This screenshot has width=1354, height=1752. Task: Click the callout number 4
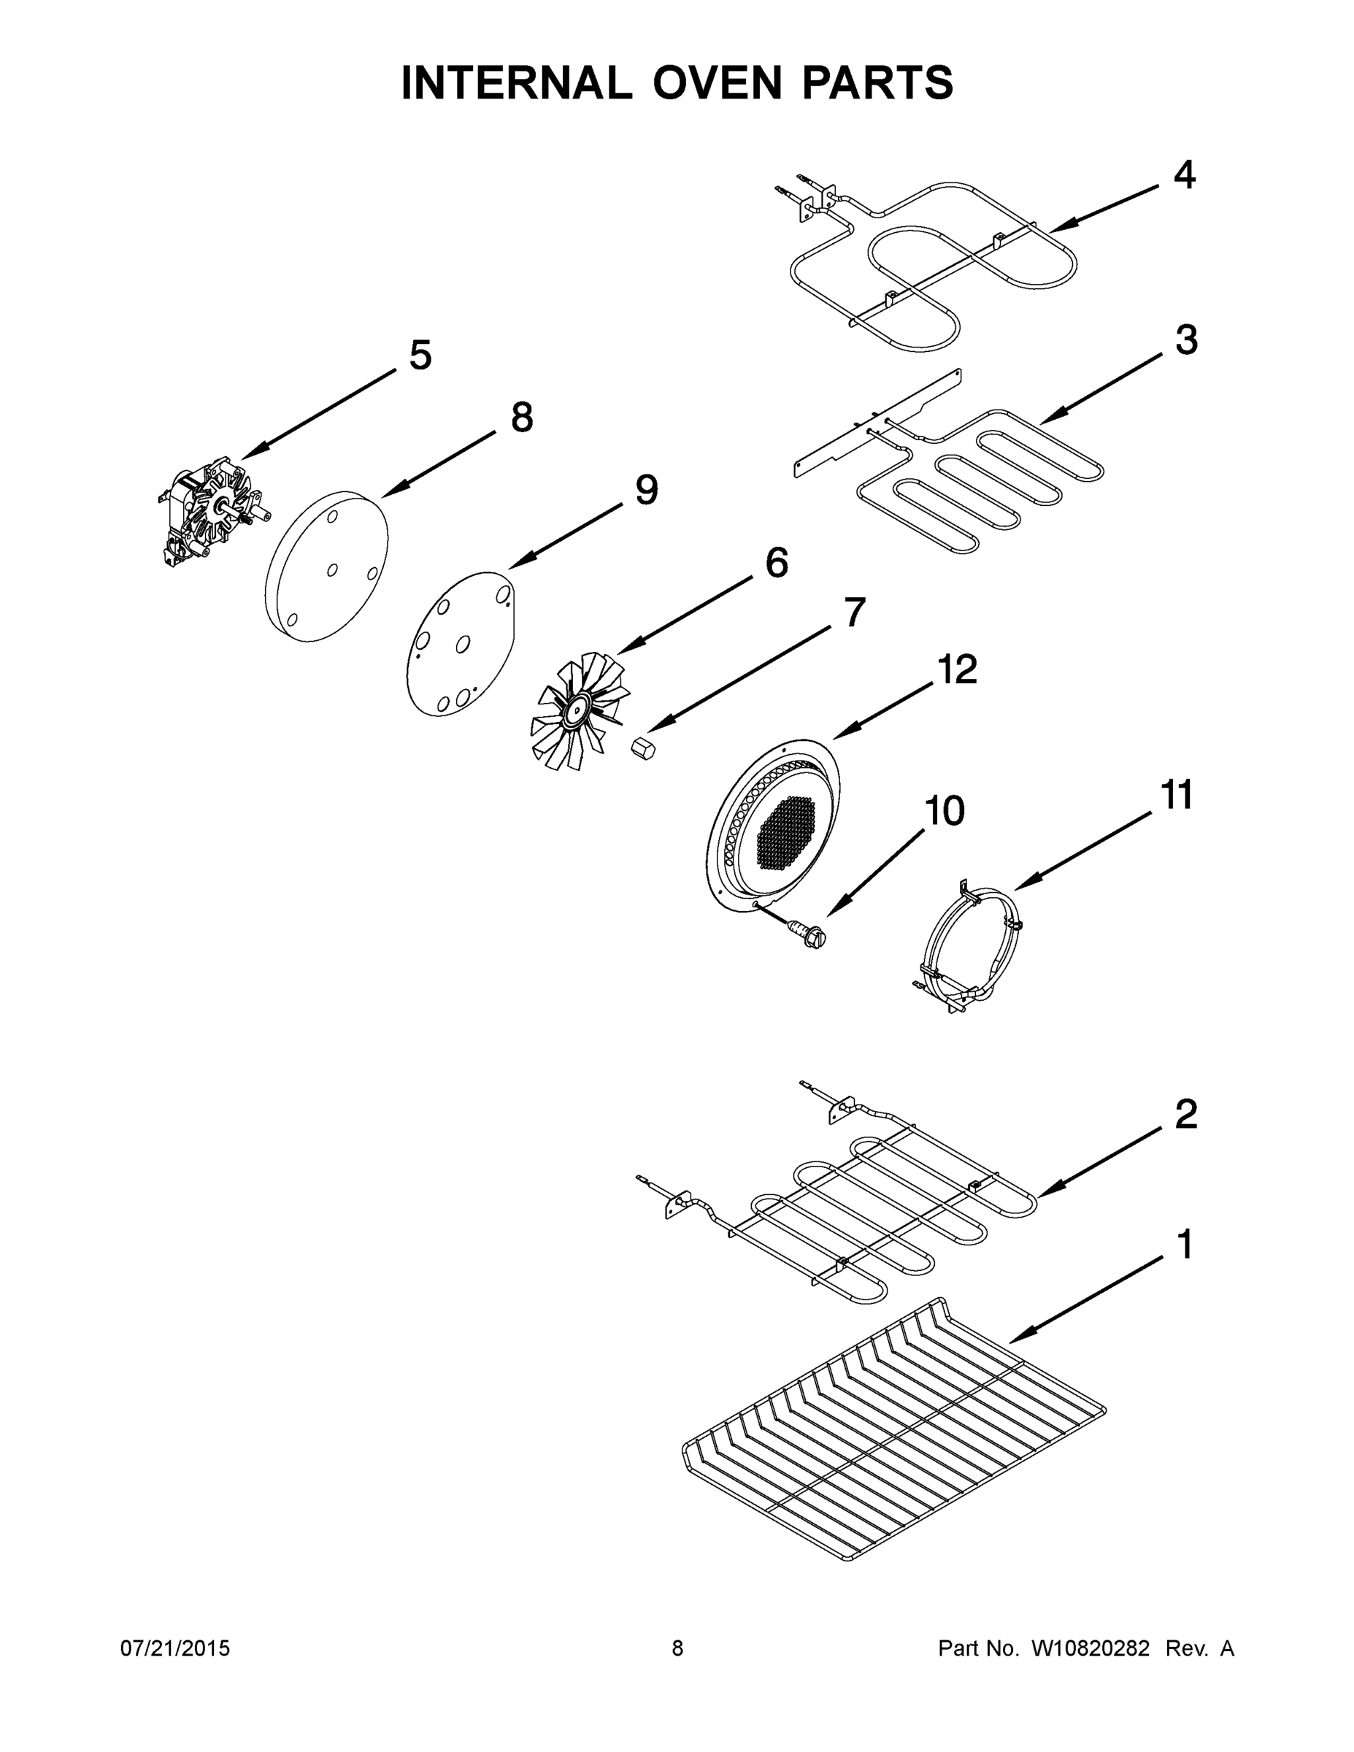(1184, 175)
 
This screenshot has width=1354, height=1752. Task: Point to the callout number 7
(855, 613)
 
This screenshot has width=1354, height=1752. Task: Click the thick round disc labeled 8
(326, 567)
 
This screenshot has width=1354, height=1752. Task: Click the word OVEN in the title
(717, 82)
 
